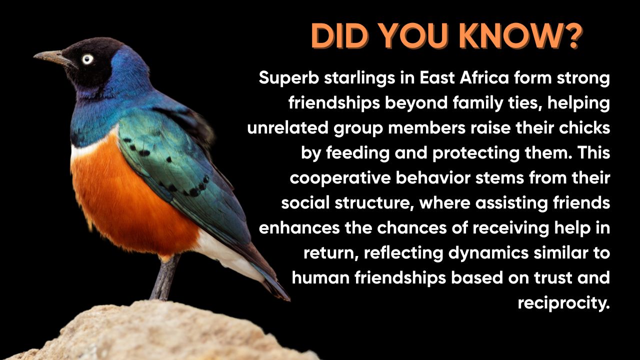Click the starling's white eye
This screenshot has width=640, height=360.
87,59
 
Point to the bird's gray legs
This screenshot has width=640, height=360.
165,276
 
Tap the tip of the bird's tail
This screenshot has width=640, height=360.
289,299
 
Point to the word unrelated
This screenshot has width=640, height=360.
288,128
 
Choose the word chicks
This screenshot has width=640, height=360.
584,128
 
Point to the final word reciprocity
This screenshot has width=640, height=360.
563,303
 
